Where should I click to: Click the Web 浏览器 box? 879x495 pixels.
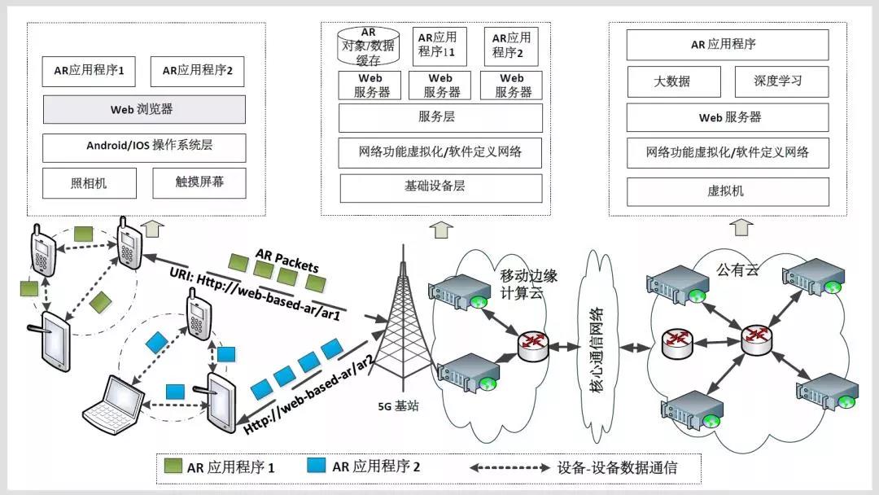click(144, 109)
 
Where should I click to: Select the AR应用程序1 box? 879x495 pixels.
click(89, 71)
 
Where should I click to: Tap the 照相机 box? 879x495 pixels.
click(90, 183)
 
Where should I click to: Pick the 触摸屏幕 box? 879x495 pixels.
click(199, 182)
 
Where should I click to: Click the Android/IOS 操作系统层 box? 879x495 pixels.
click(144, 147)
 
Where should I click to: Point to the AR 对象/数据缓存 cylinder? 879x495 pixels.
click(369, 46)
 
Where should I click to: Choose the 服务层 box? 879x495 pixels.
click(440, 118)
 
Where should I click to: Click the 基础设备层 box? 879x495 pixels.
click(440, 188)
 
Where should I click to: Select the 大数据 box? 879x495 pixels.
click(674, 82)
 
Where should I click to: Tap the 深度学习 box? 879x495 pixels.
click(781, 82)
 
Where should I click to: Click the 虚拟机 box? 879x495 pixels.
click(728, 191)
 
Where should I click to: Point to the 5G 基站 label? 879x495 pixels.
click(398, 406)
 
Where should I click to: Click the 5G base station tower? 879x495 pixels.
click(402, 318)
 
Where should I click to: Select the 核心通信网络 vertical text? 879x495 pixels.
click(597, 349)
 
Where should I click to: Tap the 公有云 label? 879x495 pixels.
click(737, 270)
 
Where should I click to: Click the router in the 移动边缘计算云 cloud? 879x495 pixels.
click(532, 346)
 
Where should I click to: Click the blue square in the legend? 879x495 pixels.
click(316, 466)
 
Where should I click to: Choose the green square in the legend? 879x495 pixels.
click(173, 466)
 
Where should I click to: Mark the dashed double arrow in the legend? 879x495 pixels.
click(509, 467)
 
